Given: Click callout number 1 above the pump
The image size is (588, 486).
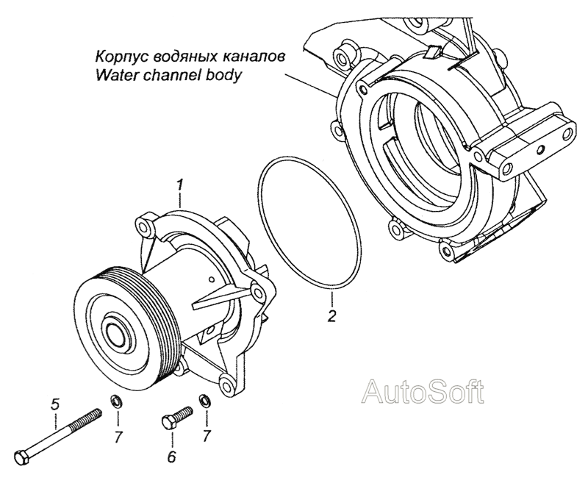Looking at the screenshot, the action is [180, 185].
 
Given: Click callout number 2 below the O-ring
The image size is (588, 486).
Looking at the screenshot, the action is [331, 315].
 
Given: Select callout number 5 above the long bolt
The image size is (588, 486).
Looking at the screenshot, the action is [56, 404].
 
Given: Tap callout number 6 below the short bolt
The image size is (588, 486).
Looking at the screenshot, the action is [171, 457].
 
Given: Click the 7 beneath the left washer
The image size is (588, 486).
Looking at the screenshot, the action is [119, 436].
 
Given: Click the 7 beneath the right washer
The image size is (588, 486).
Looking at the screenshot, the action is [207, 435].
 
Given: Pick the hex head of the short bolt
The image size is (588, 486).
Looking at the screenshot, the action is [168, 422].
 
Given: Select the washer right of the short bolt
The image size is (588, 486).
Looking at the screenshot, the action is [205, 401].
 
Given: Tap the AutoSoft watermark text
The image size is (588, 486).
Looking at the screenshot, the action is [423, 391].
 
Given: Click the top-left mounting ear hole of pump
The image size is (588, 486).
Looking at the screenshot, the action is [143, 226].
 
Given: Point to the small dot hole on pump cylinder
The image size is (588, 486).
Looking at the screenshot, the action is [212, 279].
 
